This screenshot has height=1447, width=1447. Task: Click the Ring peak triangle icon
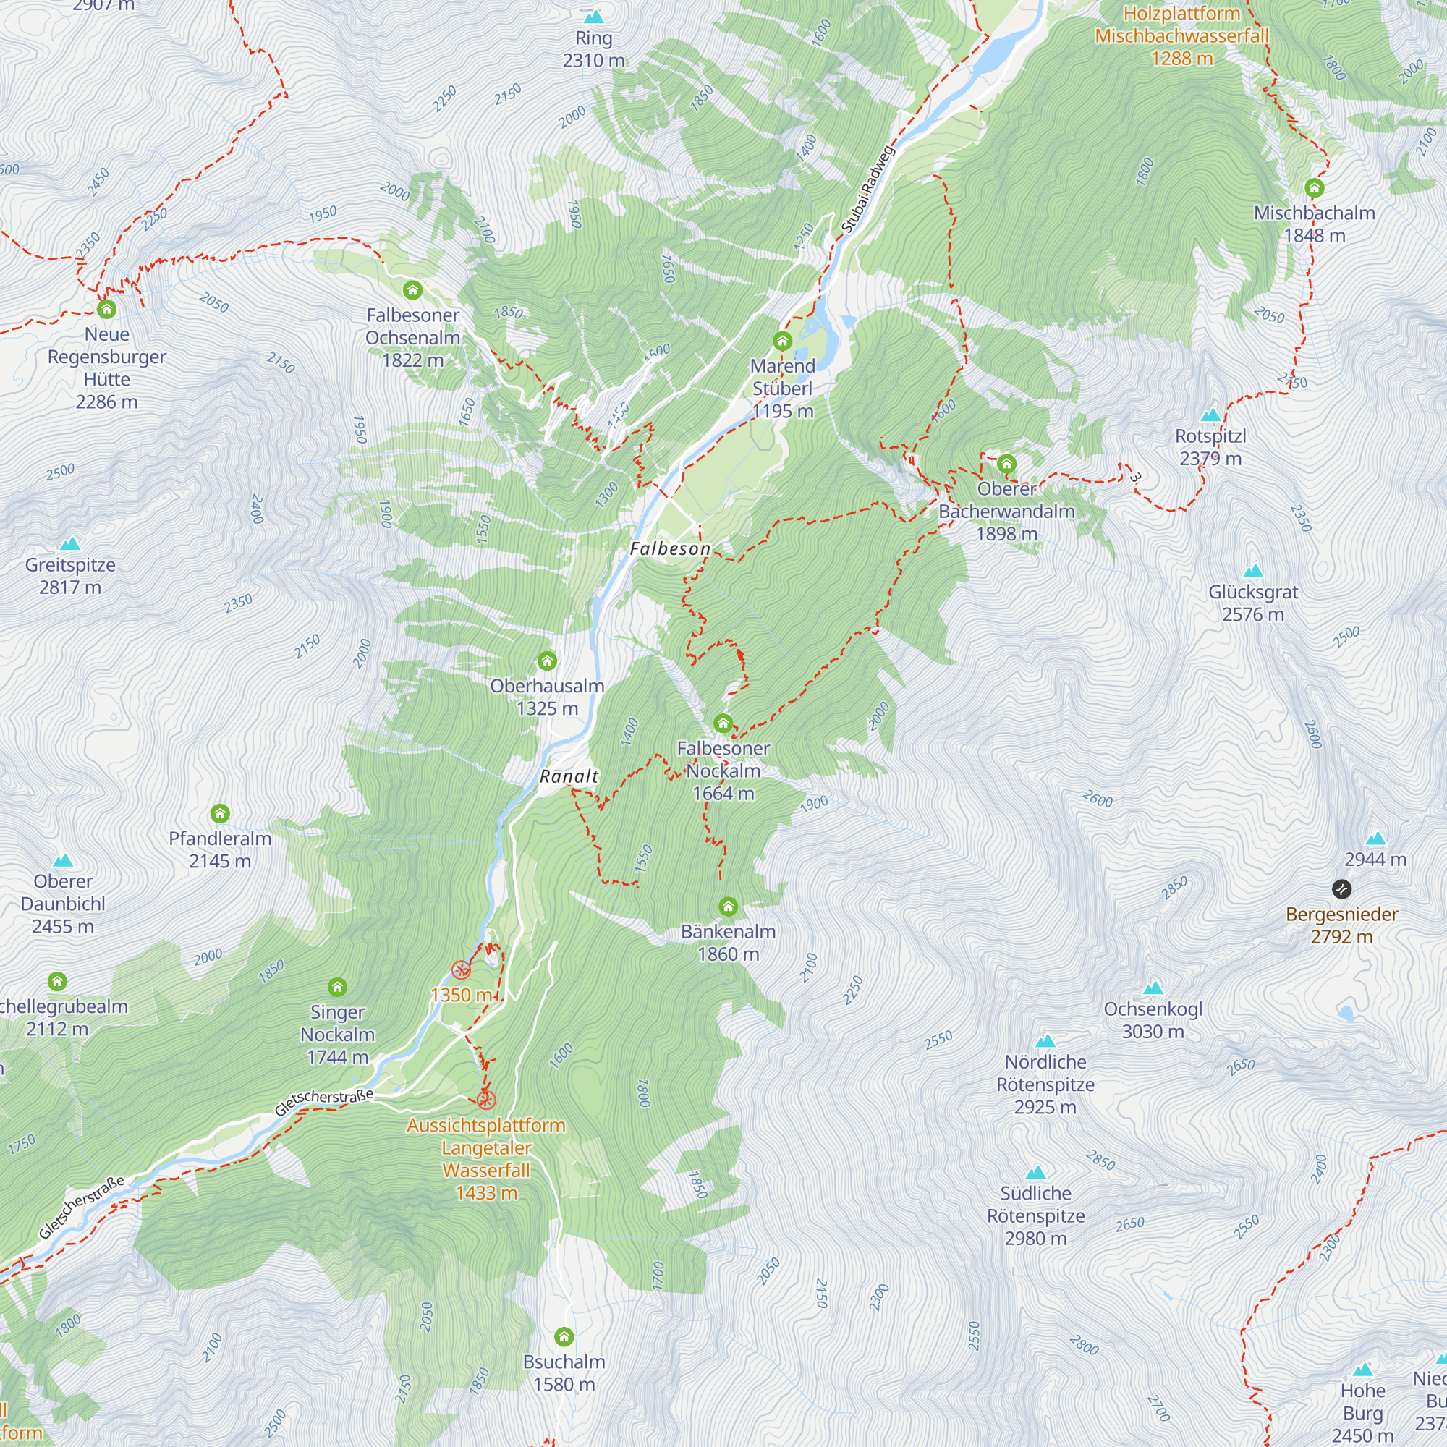click(593, 17)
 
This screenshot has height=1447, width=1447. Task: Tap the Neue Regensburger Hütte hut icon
click(106, 309)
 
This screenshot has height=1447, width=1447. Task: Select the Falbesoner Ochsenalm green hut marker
click(412, 290)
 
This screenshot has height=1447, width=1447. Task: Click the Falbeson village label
click(669, 549)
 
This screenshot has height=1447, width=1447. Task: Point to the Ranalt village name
click(569, 776)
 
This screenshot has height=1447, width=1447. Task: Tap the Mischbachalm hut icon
click(1314, 187)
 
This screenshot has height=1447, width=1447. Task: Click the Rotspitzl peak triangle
click(1210, 415)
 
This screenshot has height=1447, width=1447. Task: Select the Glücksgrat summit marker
click(1253, 572)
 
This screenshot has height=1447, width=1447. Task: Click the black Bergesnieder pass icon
click(1341, 889)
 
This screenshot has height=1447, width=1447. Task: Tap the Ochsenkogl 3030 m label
click(1153, 1020)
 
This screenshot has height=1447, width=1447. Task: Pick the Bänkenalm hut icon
click(728, 907)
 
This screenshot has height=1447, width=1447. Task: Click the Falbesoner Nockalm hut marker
click(723, 723)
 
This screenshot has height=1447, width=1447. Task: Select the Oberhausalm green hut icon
click(548, 661)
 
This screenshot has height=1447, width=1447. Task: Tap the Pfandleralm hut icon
click(219, 813)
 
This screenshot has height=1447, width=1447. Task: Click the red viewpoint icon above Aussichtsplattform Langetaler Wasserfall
click(486, 1100)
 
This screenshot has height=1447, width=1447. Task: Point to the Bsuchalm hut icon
click(564, 1337)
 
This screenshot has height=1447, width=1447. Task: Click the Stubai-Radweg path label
click(867, 189)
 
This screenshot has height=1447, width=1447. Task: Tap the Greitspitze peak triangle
click(69, 544)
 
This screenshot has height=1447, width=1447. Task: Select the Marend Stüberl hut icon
click(783, 341)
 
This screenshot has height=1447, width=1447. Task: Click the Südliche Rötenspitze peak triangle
click(1035, 1172)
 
